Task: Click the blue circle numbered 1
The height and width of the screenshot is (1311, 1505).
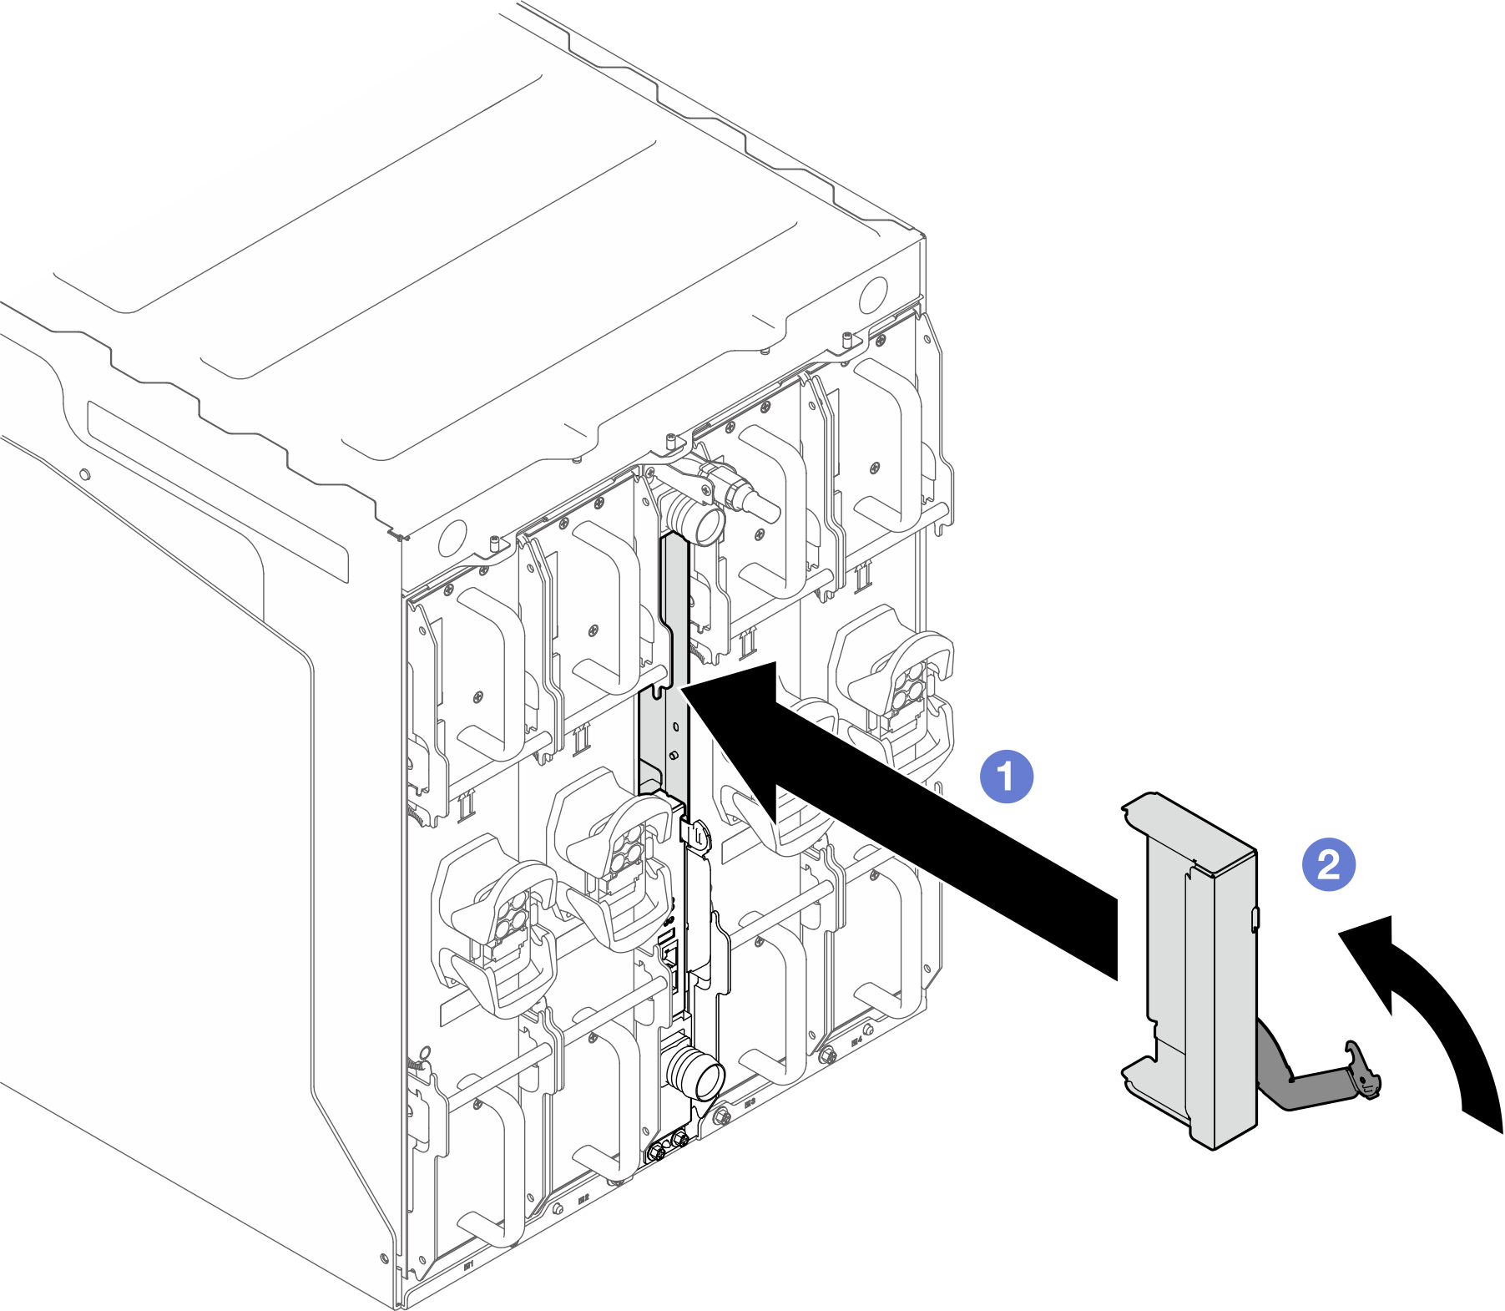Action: [1006, 776]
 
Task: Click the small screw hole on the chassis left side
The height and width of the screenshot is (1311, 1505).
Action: [83, 475]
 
